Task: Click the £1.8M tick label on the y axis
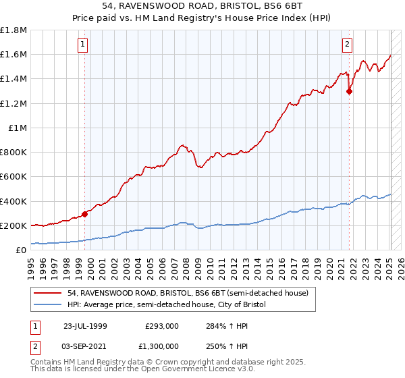pyautogui.click(x=14, y=30)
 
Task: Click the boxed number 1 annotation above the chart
pyautogui.click(x=82, y=45)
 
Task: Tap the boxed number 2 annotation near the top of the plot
pyautogui.click(x=347, y=45)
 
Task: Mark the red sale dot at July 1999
pyautogui.click(x=85, y=214)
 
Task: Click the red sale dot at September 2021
pyautogui.click(x=350, y=92)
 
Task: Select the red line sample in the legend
pyautogui.click(x=49, y=293)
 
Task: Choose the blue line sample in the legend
pyautogui.click(x=49, y=305)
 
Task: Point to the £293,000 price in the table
pyautogui.click(x=161, y=326)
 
